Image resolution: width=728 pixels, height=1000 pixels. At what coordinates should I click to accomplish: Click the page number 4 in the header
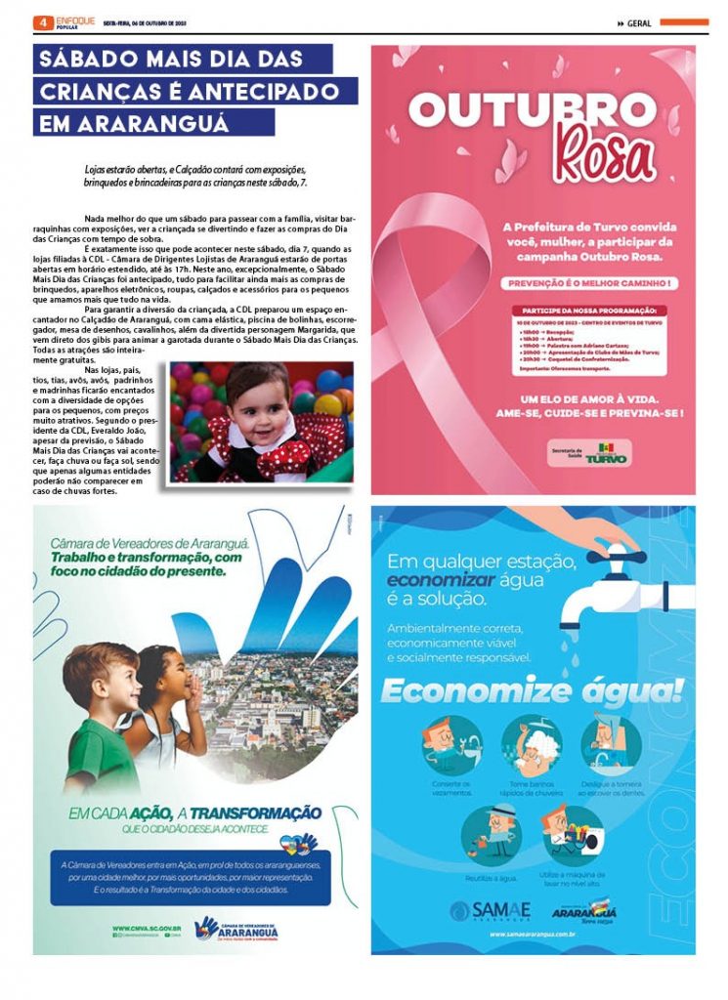(x=42, y=21)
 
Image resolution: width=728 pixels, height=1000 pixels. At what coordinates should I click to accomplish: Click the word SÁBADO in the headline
(x=87, y=59)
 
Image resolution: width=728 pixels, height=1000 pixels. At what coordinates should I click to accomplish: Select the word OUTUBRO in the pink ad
(x=532, y=109)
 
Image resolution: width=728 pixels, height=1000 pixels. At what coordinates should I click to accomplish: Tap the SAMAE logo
(x=491, y=909)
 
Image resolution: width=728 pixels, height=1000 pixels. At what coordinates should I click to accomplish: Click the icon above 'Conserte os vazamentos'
(x=452, y=744)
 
